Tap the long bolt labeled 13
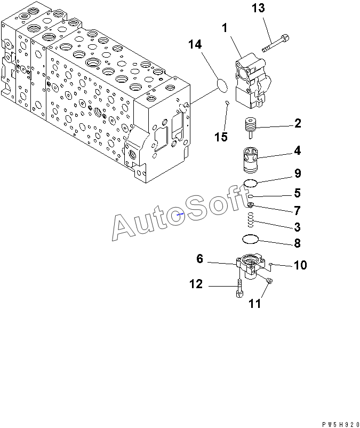(x=275, y=43)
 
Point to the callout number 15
(x=221, y=137)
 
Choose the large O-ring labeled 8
(x=251, y=238)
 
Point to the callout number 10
(x=300, y=265)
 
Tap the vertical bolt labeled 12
(x=238, y=289)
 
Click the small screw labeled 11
(x=269, y=281)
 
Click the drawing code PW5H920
(x=339, y=423)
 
